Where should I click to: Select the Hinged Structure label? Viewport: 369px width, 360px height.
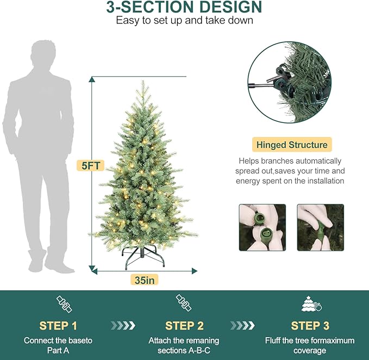pyautogui.click(x=292, y=145)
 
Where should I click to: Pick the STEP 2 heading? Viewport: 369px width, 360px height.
pyautogui.click(x=184, y=326)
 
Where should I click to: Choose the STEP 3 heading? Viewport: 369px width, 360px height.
pyautogui.click(x=310, y=326)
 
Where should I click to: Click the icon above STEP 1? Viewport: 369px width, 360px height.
pyautogui.click(x=64, y=305)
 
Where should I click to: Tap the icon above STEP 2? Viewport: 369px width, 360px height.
pyautogui.click(x=184, y=303)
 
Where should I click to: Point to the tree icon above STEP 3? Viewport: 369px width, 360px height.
pyautogui.click(x=310, y=304)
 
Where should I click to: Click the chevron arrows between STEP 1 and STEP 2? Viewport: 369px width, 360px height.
pyautogui.click(x=123, y=326)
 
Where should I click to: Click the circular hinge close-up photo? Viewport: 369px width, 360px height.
pyautogui.click(x=289, y=83)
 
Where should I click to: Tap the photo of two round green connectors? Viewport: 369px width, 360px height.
pyautogui.click(x=262, y=227)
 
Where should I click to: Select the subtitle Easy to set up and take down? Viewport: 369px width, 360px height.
pyautogui.click(x=184, y=21)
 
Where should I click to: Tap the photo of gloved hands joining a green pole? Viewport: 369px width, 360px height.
pyautogui.click(x=320, y=227)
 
